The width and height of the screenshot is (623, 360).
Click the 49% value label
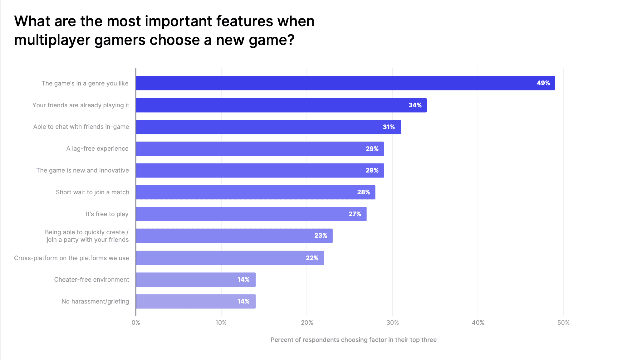(x=543, y=83)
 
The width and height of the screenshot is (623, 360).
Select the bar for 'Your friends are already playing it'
(x=281, y=105)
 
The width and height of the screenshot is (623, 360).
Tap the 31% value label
(x=389, y=127)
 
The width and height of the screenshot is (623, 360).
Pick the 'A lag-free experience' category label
(x=97, y=148)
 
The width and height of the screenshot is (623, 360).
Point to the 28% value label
(x=363, y=192)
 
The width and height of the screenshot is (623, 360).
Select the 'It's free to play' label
(x=107, y=214)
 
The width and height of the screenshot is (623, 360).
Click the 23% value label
(x=321, y=236)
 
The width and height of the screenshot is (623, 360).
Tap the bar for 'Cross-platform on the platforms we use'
(x=230, y=258)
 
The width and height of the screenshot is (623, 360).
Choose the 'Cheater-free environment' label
(x=91, y=280)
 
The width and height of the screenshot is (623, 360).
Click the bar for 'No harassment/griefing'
(x=196, y=301)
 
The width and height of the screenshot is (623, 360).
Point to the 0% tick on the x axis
(x=136, y=323)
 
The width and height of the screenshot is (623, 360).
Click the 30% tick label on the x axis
(x=392, y=323)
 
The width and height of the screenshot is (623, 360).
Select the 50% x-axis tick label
(x=563, y=323)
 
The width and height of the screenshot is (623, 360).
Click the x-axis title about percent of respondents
(x=353, y=340)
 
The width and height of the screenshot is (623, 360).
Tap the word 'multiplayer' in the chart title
(x=52, y=40)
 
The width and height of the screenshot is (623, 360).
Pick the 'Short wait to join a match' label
(x=92, y=192)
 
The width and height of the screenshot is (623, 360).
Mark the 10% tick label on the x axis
(x=221, y=323)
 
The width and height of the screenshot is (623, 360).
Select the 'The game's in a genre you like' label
(x=85, y=83)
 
